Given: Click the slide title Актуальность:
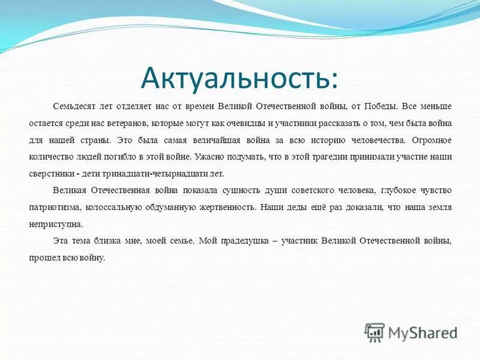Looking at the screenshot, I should [239, 77].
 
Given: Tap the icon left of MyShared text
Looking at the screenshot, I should [375, 332].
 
